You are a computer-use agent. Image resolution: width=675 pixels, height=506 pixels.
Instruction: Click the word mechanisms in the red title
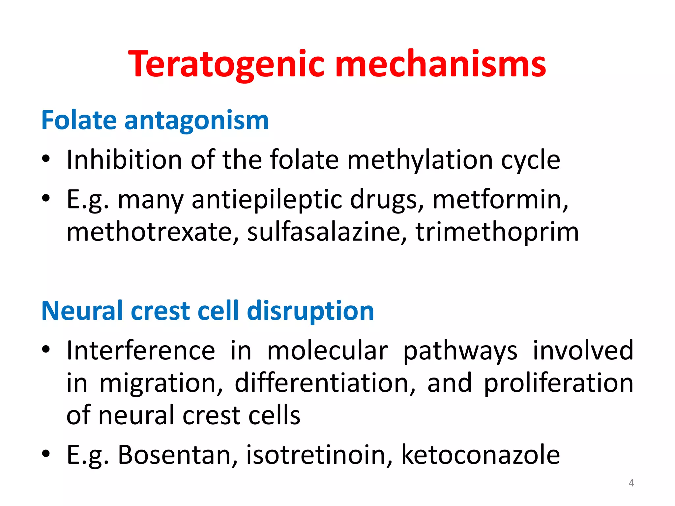tap(440, 65)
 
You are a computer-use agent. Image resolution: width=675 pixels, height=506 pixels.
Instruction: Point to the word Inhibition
tap(124, 160)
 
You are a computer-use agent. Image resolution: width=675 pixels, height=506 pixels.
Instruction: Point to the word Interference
tap(141, 351)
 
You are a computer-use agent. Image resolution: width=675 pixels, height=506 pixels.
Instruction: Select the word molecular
tap(327, 351)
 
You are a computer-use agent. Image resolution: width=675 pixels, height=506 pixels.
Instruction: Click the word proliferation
tap(558, 383)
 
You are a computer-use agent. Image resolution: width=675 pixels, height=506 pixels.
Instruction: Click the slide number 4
tap(631, 483)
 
